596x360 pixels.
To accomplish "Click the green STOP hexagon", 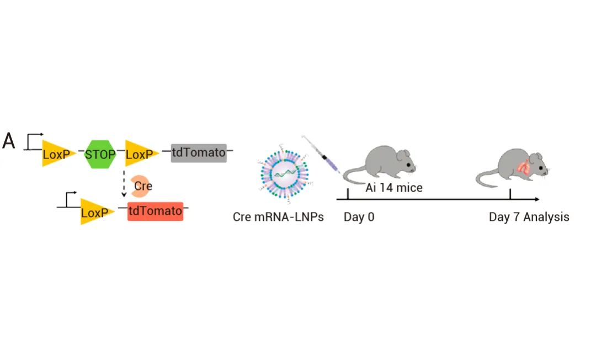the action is [100, 154].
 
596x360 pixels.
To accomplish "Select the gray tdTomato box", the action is [199, 153].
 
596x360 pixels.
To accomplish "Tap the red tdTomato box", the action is [156, 211].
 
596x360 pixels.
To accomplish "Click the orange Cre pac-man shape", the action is [140, 186].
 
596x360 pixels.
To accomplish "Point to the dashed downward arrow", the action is [124, 184].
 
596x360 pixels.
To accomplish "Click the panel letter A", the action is [9, 141].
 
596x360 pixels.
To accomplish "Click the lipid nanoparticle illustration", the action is [285, 174].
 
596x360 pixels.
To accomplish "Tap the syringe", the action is [321, 155].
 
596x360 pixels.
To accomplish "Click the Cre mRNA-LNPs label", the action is [278, 217].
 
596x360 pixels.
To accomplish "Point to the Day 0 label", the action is [359, 217].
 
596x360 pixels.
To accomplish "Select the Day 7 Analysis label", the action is [529, 217].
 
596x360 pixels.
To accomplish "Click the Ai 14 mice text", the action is [394, 188].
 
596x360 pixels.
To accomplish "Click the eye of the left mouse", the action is [408, 165].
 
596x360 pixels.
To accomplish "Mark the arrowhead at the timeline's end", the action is [537, 199].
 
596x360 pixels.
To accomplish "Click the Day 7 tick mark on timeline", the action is [510, 194].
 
